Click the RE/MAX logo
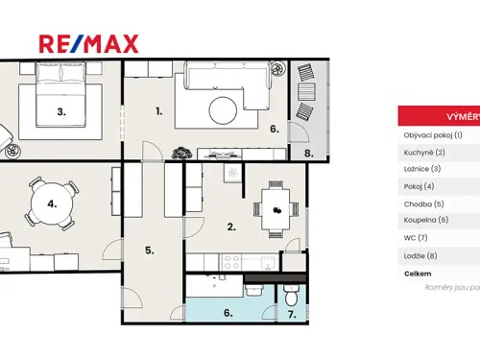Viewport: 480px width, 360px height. [88, 43]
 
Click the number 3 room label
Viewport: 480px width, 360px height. [60, 111]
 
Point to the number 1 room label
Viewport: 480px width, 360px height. [158, 111]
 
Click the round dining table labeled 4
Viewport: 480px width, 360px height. [51, 204]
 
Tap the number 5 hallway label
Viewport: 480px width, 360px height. [150, 251]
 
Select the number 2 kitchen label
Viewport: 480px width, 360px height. [230, 227]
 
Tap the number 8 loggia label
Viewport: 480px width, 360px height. [308, 153]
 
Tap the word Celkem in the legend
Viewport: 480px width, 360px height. [418, 274]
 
